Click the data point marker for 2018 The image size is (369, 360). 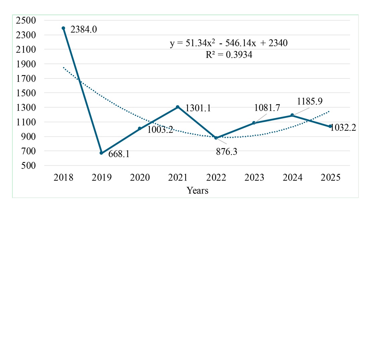63,28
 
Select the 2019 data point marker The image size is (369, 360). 101,153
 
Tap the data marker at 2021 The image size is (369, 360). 178,107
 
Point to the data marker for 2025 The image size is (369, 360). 330,126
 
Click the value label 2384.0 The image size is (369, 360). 84,30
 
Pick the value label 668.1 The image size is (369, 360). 119,154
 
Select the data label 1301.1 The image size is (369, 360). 198,108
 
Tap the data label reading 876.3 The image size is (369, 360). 226,152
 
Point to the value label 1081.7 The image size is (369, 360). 267,108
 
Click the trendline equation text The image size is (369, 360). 229,44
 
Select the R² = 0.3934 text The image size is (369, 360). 229,55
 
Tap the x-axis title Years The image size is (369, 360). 198,191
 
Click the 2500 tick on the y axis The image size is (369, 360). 26,20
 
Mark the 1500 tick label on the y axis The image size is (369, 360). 26,93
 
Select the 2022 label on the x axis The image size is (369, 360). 216,177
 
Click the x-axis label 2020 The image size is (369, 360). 140,177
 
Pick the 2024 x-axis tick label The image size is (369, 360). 292,177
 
